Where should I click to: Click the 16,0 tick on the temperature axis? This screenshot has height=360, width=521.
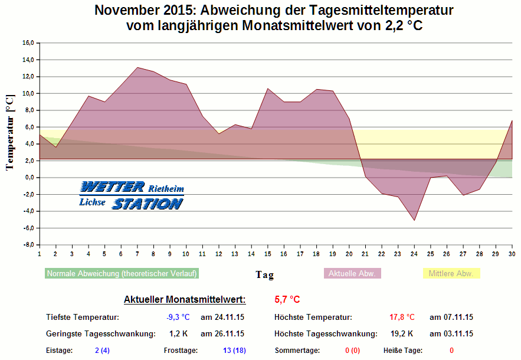point(28,43)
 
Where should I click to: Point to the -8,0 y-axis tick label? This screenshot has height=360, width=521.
point(28,245)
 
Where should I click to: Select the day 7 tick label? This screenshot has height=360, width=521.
point(137,254)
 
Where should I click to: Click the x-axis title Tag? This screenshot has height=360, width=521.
point(264,274)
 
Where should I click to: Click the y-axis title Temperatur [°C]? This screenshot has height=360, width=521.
point(9,132)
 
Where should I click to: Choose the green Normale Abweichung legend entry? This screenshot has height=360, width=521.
point(122,274)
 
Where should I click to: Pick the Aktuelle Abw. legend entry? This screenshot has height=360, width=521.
point(353,274)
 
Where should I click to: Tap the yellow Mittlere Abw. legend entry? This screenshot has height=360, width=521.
point(451,274)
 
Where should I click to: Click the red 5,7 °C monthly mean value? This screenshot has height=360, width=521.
point(287,300)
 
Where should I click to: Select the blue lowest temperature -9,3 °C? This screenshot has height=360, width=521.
point(178,318)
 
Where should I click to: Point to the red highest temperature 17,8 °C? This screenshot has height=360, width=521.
point(402,318)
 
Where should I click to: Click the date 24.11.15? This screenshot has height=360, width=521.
point(222,318)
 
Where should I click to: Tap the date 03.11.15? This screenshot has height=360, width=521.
point(451,334)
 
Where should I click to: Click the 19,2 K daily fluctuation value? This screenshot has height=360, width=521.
point(402,334)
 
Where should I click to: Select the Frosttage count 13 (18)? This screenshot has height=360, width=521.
point(234,351)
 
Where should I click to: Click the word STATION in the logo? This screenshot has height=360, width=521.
point(148,204)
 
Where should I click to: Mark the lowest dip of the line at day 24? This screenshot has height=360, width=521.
point(415,221)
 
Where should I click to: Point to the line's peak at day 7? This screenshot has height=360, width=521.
point(137,67)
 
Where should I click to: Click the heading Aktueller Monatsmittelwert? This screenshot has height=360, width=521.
point(185,300)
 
